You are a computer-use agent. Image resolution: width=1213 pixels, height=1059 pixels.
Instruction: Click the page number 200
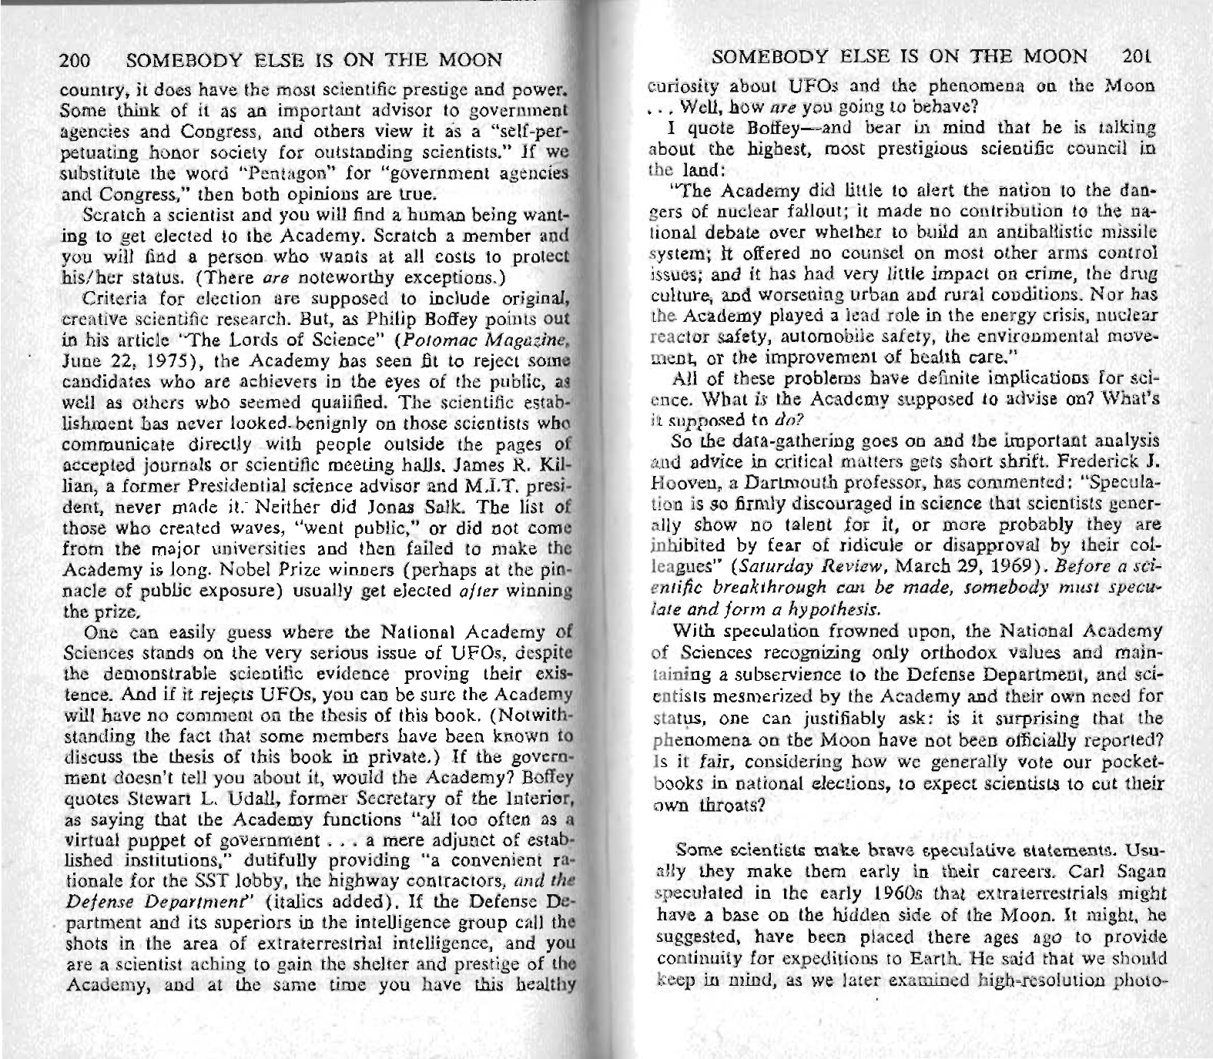coord(75,59)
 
